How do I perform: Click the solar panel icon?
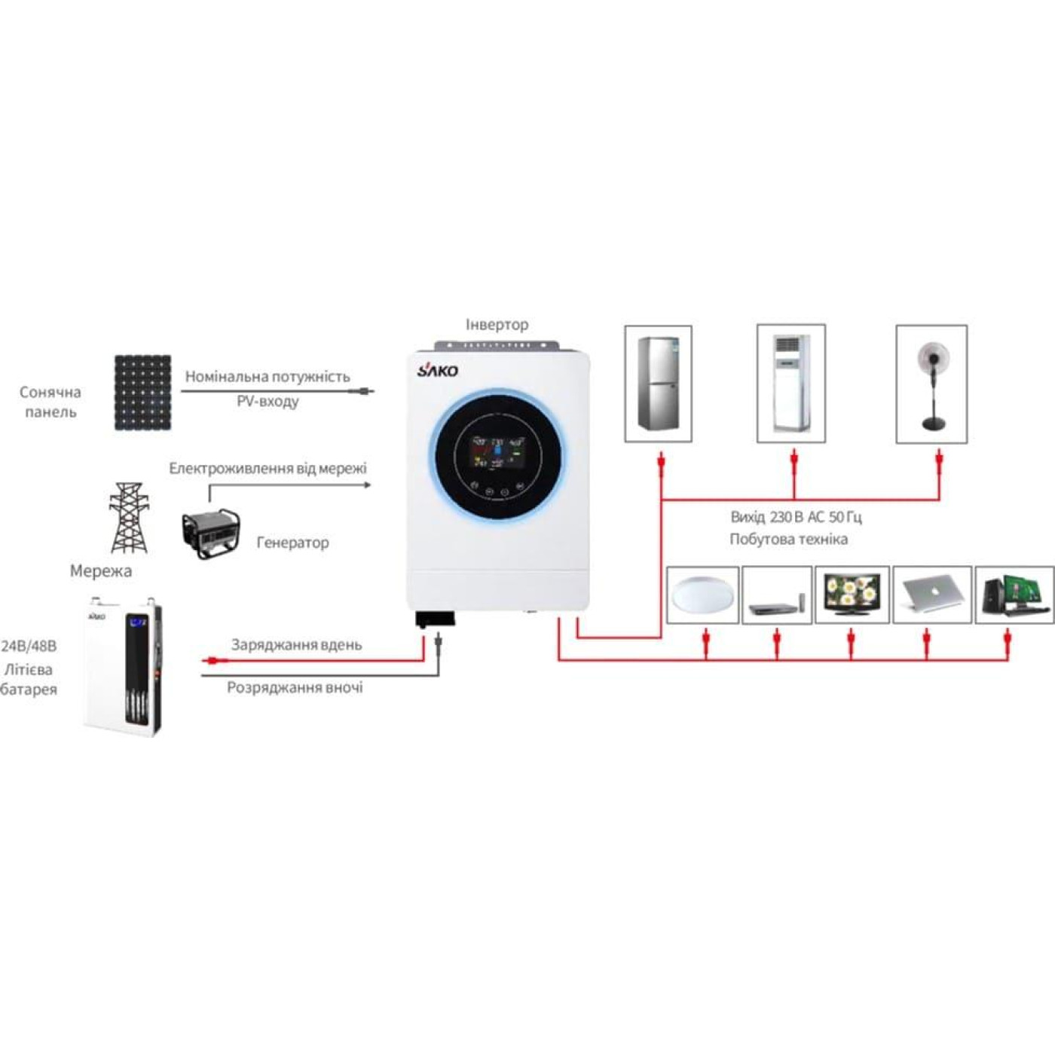pyautogui.click(x=142, y=393)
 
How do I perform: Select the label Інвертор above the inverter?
pyautogui.click(x=497, y=325)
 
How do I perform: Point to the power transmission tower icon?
pyautogui.click(x=129, y=518)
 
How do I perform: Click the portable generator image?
pyautogui.click(x=212, y=533)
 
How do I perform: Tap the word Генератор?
pyautogui.click(x=292, y=543)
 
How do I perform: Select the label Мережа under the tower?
pyautogui.click(x=101, y=571)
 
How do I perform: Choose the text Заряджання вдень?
pyautogui.click(x=296, y=645)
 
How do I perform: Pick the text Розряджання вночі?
pyautogui.click(x=295, y=688)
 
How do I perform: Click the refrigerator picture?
pyautogui.click(x=659, y=383)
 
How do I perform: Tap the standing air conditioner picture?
pyautogui.click(x=790, y=383)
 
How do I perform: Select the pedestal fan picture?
pyautogui.click(x=931, y=384)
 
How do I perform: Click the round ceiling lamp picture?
pyautogui.click(x=702, y=595)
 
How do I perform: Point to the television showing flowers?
pyautogui.click(x=852, y=595)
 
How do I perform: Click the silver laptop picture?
pyautogui.click(x=931, y=595)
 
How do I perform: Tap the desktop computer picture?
pyautogui.click(x=1014, y=595)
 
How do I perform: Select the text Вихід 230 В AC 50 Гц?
pyautogui.click(x=796, y=518)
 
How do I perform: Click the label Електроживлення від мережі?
pyautogui.click(x=268, y=469)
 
